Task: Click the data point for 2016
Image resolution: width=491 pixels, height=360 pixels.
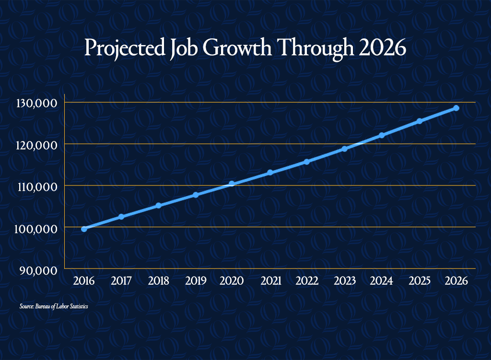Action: point(84,229)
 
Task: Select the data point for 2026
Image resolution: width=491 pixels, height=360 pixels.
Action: point(456,108)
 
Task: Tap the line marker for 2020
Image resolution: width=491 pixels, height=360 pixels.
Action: point(232,184)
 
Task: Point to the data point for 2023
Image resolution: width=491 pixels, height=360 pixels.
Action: point(344,149)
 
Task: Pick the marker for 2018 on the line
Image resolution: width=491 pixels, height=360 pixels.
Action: point(158,205)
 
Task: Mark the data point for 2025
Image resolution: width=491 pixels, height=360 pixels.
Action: point(420,121)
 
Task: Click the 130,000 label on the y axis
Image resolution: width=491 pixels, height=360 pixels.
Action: point(36,104)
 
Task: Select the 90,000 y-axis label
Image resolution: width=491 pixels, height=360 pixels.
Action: point(38,270)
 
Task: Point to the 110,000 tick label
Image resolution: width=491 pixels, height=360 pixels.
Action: point(37,187)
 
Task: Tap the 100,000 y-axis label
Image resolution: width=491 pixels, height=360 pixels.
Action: point(36,229)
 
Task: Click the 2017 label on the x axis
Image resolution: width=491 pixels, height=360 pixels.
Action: point(121,281)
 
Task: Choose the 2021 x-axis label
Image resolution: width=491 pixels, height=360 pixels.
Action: point(271,281)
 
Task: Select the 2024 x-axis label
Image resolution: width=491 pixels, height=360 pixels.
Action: point(381,281)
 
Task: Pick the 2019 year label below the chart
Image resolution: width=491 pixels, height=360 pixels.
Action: point(196,281)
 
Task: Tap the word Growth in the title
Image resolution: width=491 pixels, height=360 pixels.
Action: point(237,47)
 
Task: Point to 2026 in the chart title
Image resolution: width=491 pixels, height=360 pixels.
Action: point(382,47)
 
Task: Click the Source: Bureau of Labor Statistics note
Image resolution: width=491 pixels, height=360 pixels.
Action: point(54,306)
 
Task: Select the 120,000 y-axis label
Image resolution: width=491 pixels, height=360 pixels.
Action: point(36,145)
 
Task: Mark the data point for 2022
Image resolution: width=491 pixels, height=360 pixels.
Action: point(307,162)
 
